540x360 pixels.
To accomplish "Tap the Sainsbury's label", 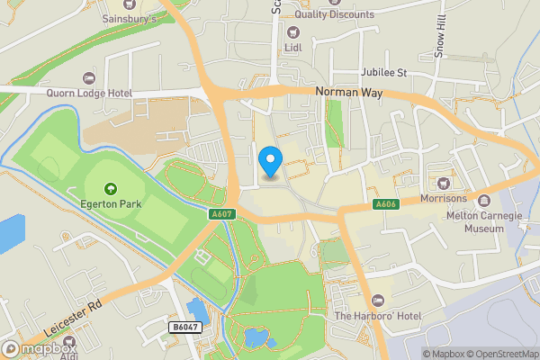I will click(x=130, y=18).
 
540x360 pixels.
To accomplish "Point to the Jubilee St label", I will click(x=383, y=72).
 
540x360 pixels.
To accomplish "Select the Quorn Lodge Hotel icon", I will click(x=88, y=79).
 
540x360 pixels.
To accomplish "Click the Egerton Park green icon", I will click(x=111, y=188).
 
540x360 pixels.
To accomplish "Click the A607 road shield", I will click(x=221, y=214).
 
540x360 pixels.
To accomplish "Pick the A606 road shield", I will click(x=385, y=205).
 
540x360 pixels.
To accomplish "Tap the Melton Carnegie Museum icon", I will click(x=485, y=201).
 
